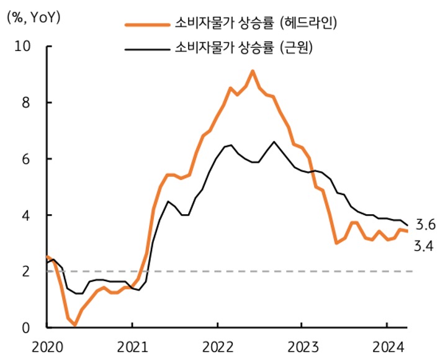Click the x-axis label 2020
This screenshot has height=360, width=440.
[47, 346]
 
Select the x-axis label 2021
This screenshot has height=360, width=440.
[132, 346]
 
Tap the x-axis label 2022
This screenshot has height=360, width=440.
[217, 346]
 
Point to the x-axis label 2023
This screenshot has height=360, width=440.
[302, 346]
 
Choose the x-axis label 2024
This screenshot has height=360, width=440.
[387, 346]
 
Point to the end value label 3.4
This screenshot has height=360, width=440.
[423, 247]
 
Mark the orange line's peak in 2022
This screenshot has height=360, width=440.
[253, 71]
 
